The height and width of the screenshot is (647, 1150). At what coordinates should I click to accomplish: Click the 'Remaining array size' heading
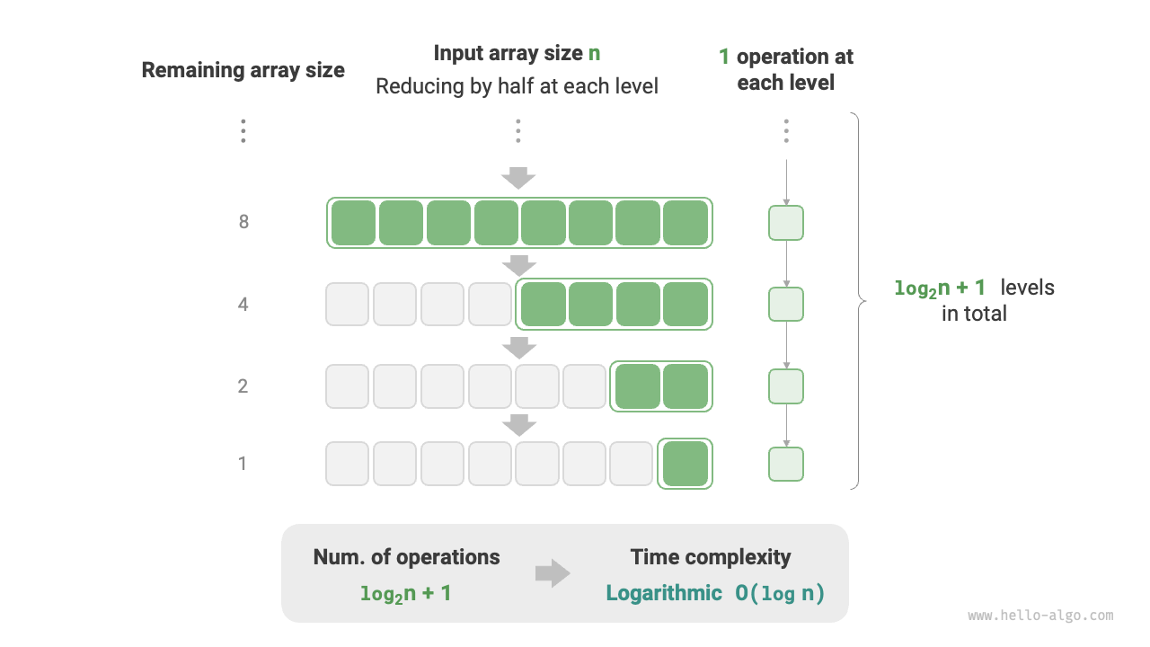pos(243,70)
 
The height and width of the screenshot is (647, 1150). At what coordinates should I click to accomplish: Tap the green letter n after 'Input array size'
pos(594,54)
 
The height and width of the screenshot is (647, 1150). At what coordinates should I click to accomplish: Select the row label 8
pos(243,222)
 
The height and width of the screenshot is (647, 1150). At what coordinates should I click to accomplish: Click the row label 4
pos(243,305)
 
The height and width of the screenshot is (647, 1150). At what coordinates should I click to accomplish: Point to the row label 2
pos(243,386)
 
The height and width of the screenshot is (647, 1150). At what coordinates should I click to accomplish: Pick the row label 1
pos(243,464)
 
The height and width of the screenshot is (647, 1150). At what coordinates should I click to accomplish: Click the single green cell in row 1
pos(685,464)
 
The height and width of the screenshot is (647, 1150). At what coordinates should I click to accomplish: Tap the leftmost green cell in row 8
pos(353,223)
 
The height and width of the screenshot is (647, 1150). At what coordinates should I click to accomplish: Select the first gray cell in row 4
pos(347,305)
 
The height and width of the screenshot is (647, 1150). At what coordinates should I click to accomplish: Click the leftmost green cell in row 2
pos(637,386)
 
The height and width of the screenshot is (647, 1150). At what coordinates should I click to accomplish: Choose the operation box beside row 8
pos(786,223)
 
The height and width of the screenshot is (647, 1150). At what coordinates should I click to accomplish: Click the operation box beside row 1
pos(786,464)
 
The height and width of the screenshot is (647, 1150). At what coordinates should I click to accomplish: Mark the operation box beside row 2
pos(786,386)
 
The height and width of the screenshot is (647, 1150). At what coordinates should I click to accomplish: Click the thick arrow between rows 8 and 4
pos(518,265)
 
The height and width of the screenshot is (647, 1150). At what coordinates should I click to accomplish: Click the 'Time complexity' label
pos(711,557)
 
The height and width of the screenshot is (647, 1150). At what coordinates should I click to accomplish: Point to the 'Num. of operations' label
pos(406,557)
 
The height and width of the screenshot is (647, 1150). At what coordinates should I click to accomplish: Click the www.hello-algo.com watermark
pos(1040,616)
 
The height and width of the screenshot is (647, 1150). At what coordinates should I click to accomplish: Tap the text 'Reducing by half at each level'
pos(517,86)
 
